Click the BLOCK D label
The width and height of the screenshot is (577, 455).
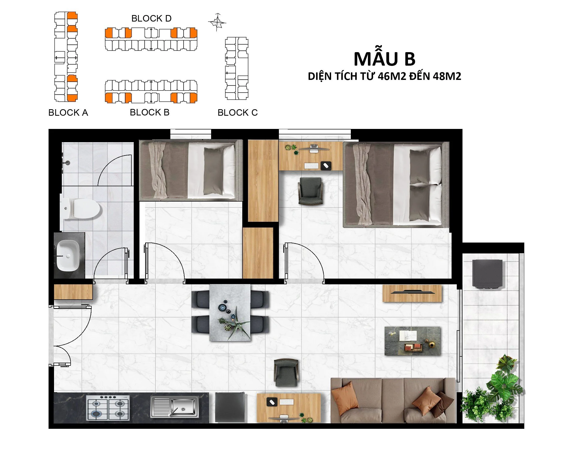tap(151, 18)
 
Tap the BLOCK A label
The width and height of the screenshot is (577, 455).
tap(68, 113)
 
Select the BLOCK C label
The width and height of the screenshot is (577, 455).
tap(238, 113)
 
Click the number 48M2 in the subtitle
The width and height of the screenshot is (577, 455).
tap(447, 77)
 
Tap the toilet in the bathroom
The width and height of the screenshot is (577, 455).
tap(80, 208)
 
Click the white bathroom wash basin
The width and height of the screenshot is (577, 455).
tap(68, 256)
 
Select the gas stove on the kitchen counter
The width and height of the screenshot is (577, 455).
tap(108, 408)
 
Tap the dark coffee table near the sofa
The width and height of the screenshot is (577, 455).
tap(412, 341)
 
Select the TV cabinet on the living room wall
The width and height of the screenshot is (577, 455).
tap(412, 293)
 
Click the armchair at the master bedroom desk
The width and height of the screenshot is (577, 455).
tap(310, 191)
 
